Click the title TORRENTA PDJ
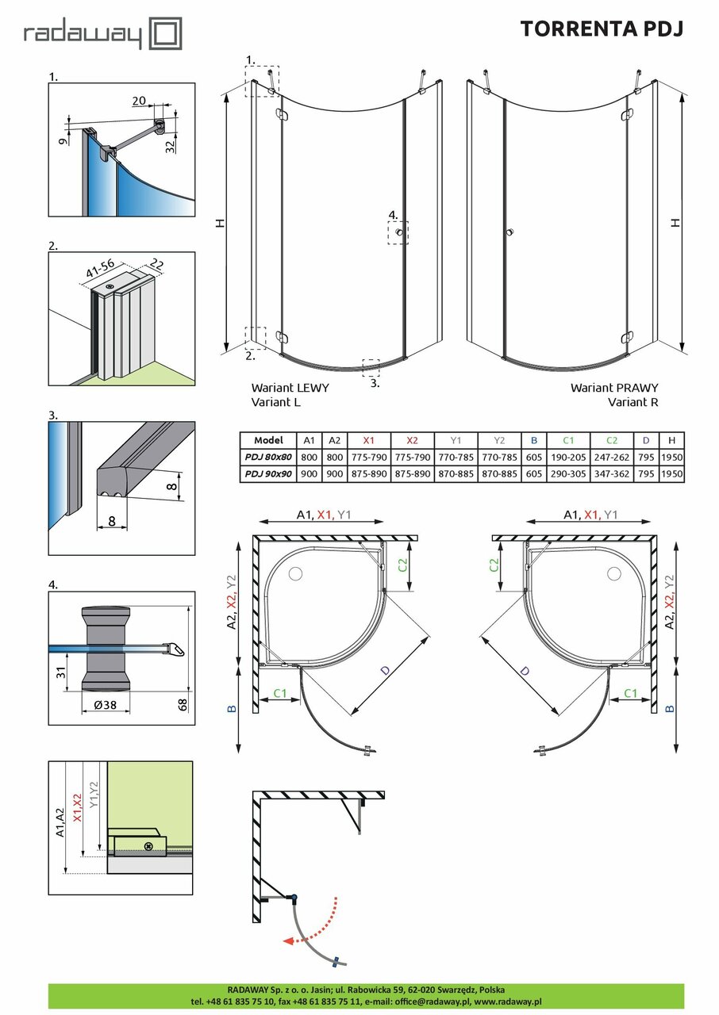601,29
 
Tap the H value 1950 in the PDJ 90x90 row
671,473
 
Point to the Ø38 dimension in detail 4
95,706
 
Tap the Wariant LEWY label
290,389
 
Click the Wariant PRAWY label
613,389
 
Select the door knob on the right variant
509,232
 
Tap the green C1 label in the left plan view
279,693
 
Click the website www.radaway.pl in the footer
507,1002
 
